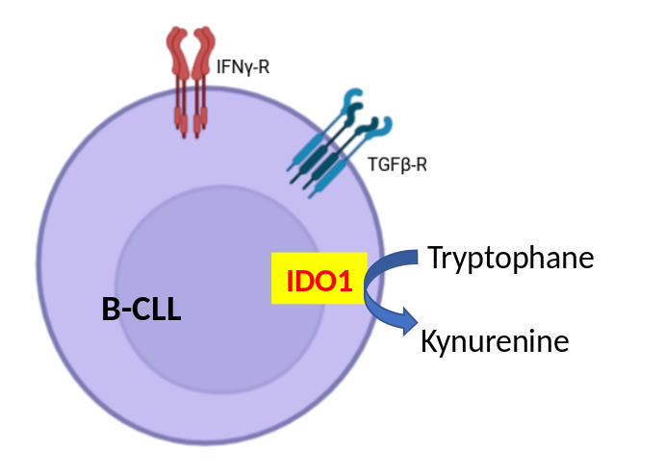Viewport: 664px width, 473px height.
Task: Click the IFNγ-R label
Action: [243, 67]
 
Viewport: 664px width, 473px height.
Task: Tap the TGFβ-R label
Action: [397, 164]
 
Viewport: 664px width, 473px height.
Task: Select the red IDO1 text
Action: [319, 281]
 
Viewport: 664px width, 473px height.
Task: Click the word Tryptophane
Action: [511, 258]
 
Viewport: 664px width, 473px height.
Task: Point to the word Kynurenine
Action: [495, 342]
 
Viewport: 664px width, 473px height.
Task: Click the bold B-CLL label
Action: [141, 309]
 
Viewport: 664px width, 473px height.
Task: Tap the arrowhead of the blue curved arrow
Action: [410, 321]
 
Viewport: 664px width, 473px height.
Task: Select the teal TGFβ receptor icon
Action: [339, 144]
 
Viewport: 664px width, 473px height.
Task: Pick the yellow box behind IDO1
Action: [319, 278]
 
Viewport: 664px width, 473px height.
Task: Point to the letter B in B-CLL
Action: [111, 309]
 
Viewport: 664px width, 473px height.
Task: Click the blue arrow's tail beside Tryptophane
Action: [413, 258]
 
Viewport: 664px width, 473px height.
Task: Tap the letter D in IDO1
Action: [303, 281]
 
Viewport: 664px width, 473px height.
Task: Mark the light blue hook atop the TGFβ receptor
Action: [352, 97]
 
